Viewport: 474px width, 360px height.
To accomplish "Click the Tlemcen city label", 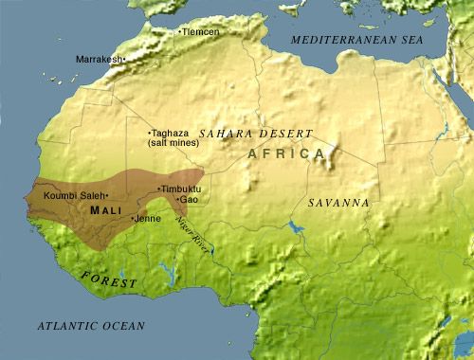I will (x=201, y=32).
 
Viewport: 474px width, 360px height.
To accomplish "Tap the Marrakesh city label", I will (x=99, y=59).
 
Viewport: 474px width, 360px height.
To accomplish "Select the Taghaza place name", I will (x=172, y=133).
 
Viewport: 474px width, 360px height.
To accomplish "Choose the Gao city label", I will (x=190, y=200).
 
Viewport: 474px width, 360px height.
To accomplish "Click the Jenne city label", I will (x=148, y=219).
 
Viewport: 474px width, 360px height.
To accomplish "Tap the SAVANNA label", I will (x=338, y=203).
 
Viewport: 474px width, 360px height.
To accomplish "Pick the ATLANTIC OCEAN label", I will (x=91, y=326).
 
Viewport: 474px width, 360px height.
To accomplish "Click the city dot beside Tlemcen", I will (x=180, y=32).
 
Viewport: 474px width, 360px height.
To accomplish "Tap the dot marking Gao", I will (x=178, y=200).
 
